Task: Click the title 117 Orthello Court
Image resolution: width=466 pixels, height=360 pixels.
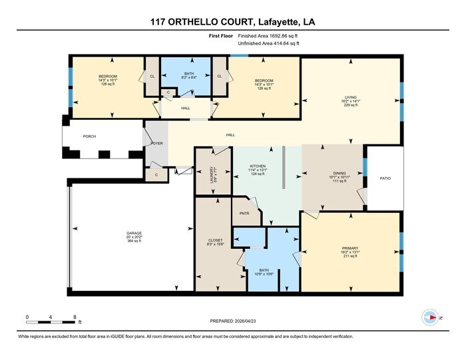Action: pyautogui.click(x=232, y=22)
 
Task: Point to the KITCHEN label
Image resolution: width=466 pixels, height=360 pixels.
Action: pyautogui.click(x=258, y=166)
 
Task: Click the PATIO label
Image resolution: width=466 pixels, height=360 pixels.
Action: pyautogui.click(x=385, y=178)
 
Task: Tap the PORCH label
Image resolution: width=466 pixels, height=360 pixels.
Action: pyautogui.click(x=89, y=136)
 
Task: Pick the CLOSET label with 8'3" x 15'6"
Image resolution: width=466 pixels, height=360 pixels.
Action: pyautogui.click(x=215, y=240)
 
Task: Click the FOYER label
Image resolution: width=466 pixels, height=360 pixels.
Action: pyautogui.click(x=157, y=143)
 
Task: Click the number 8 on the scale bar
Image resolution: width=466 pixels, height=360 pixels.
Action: pyautogui.click(x=75, y=317)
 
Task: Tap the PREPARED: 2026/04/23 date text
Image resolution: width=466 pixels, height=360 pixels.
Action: pyautogui.click(x=232, y=321)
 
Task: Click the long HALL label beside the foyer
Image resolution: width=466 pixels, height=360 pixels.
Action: pyautogui.click(x=230, y=135)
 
